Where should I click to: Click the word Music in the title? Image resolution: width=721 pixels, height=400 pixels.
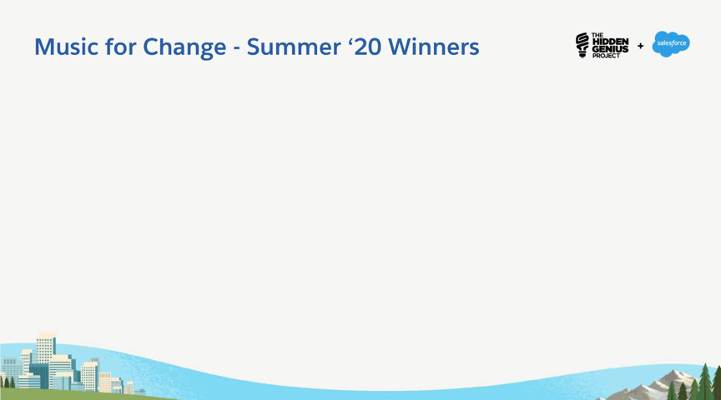(66, 47)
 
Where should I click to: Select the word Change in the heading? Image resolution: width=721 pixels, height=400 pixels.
(184, 47)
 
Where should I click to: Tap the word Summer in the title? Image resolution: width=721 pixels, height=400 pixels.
(294, 47)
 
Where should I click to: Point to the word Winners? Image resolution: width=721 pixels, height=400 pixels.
(434, 47)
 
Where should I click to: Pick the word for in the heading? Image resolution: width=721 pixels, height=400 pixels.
(120, 47)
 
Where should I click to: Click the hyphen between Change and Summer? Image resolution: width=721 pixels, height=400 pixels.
(237, 48)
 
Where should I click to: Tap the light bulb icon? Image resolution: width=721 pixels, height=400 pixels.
(582, 45)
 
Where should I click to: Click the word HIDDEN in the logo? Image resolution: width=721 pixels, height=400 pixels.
(610, 42)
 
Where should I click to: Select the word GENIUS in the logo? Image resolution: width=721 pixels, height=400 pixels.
(610, 49)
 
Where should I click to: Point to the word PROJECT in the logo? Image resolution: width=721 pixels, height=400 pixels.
(606, 56)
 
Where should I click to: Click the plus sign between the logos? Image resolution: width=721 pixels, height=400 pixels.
(641, 46)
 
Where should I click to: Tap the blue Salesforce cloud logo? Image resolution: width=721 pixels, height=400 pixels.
(671, 44)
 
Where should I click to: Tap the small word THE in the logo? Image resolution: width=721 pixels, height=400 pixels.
(597, 35)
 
